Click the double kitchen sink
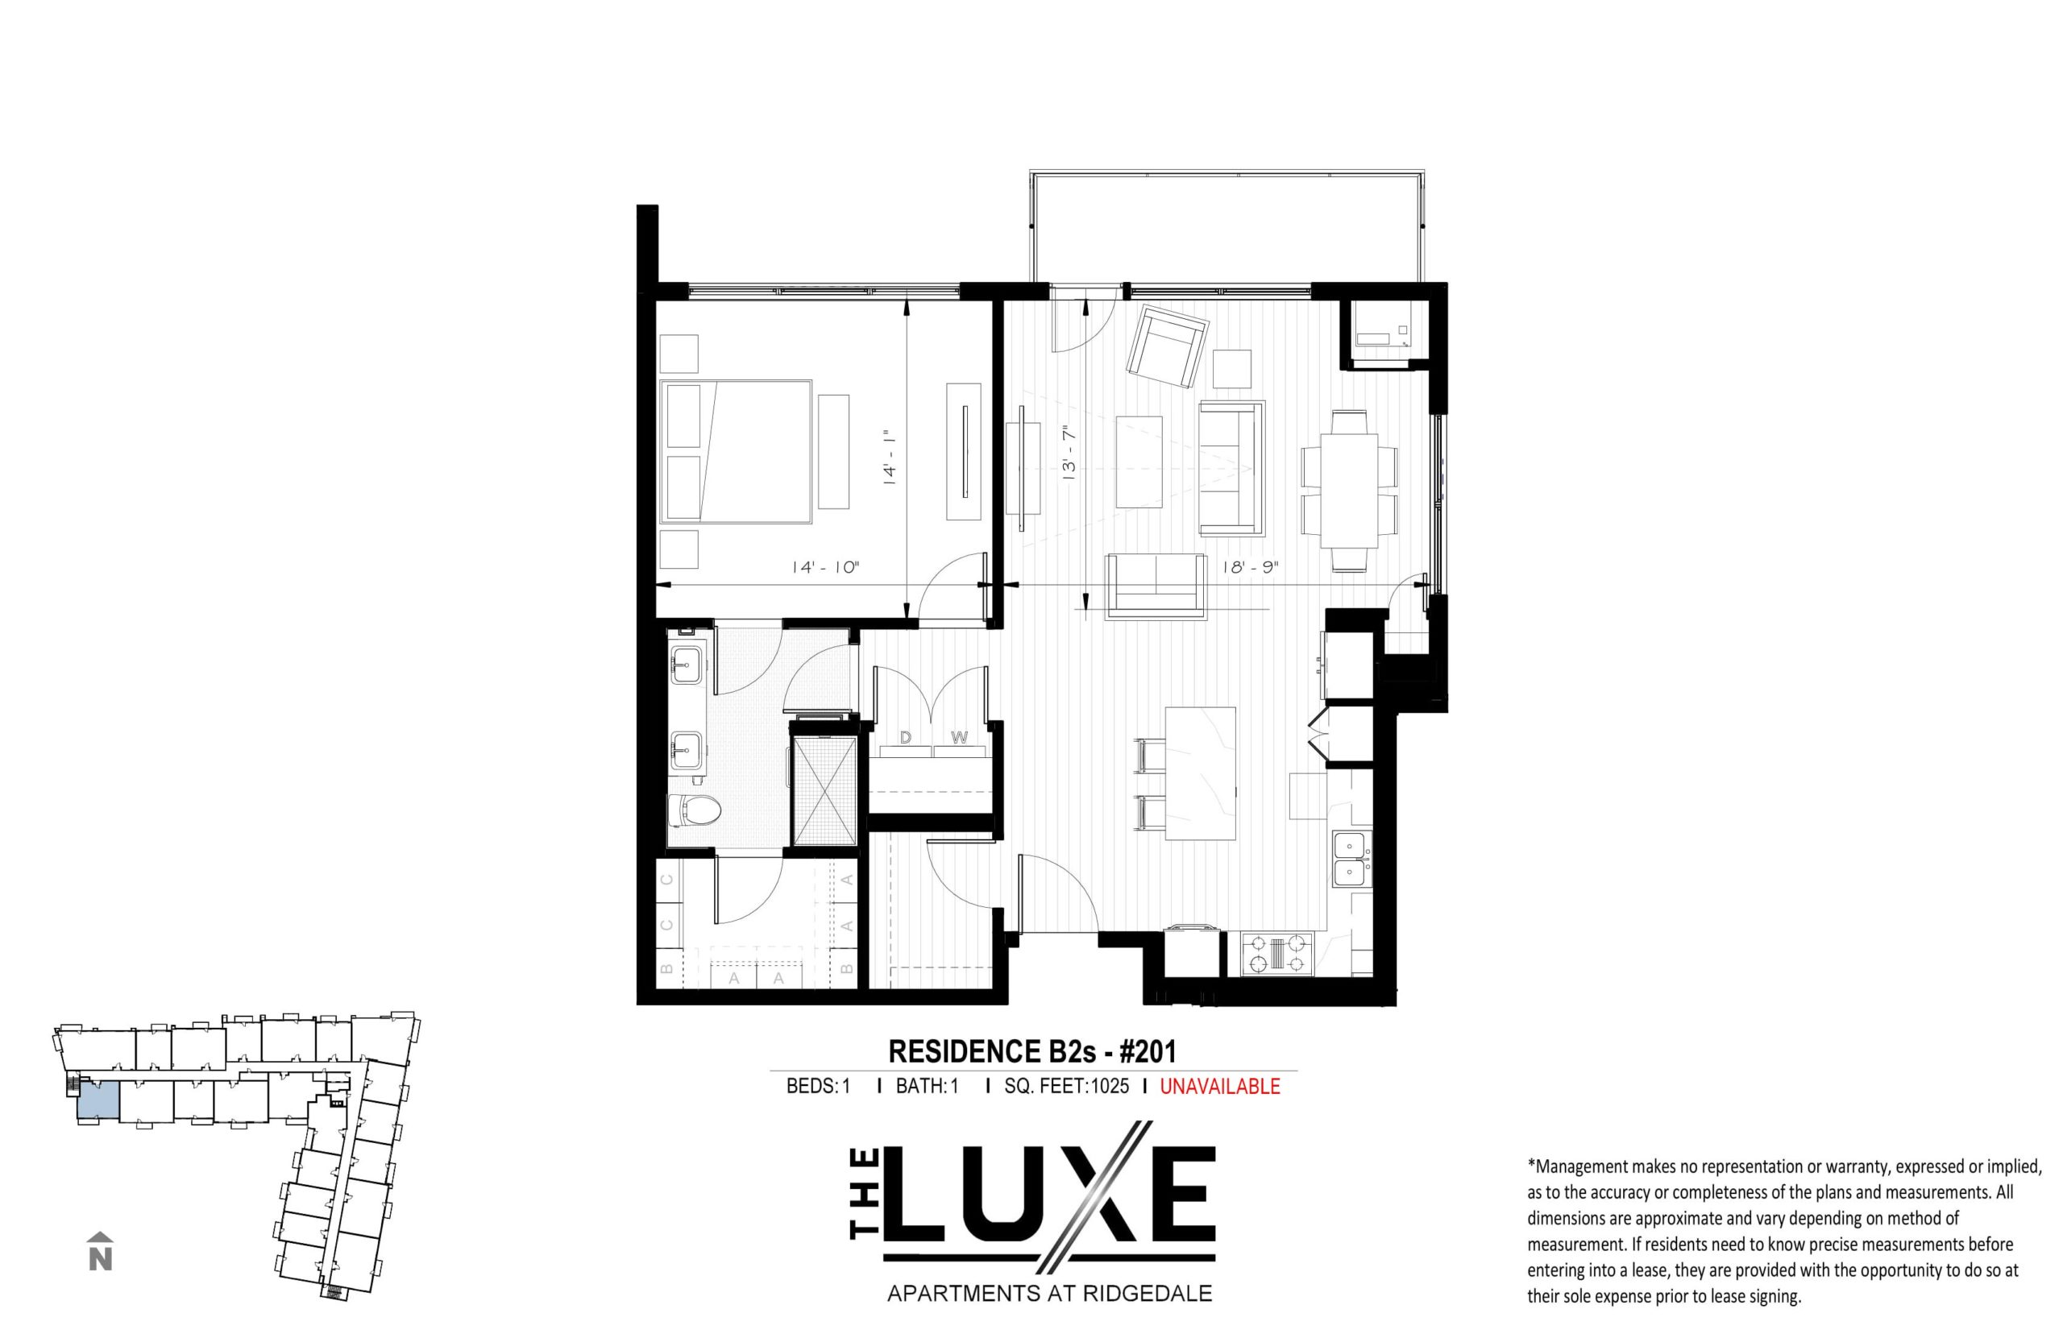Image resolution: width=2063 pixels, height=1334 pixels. [1351, 858]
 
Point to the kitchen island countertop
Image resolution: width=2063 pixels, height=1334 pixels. [1200, 773]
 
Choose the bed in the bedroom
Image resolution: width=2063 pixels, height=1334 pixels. [737, 451]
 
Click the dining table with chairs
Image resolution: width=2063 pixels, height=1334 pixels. [1349, 491]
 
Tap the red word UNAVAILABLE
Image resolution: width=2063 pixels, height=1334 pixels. [1219, 1086]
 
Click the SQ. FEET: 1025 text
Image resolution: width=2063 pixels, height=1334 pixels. [1067, 1086]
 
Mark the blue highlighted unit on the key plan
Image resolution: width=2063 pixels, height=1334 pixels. [98, 1100]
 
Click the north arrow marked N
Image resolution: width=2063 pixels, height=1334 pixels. [101, 1251]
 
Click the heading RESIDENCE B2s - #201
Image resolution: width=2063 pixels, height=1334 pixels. [1032, 1050]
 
